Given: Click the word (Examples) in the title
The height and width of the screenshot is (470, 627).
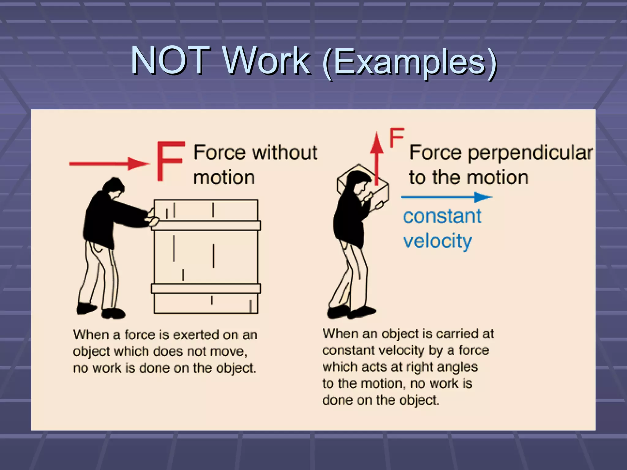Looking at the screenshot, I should point(410,62).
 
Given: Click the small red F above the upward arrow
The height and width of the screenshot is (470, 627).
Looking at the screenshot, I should point(397,138).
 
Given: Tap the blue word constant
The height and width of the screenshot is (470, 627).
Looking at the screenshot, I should point(442,217).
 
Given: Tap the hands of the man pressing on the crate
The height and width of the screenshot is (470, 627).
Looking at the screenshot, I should point(153,218).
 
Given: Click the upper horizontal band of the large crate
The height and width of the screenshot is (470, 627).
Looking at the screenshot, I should point(206,226).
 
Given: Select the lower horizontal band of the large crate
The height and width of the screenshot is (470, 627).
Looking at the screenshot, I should point(206,289).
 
